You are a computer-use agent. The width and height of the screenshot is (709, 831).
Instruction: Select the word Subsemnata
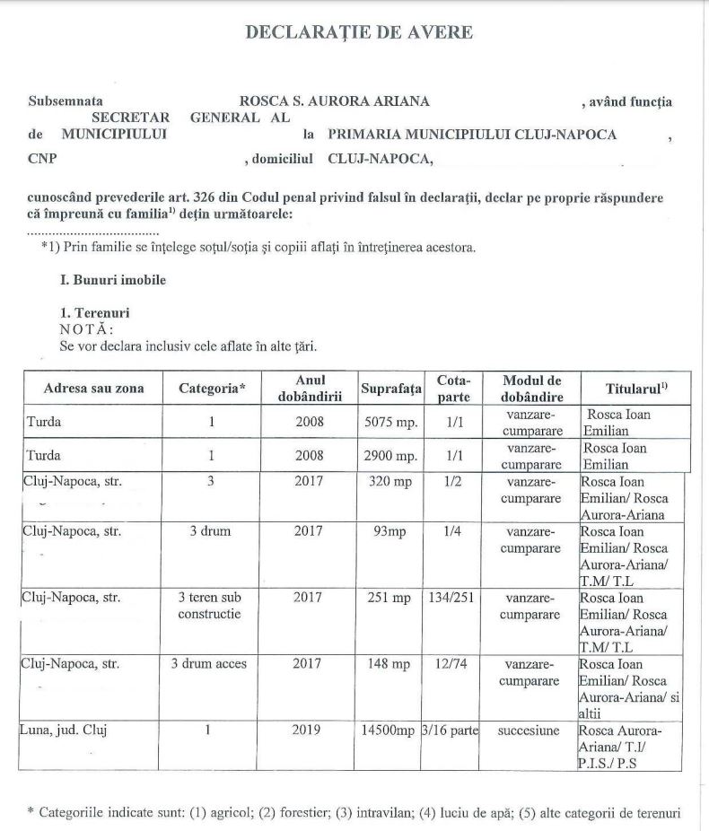66,101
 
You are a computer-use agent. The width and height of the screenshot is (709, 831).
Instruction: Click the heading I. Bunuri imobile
112,280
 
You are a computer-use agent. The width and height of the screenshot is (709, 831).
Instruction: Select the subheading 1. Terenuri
94,314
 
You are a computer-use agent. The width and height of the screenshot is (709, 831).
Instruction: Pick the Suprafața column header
390,389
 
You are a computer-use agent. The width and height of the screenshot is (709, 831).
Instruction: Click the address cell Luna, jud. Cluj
63,730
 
